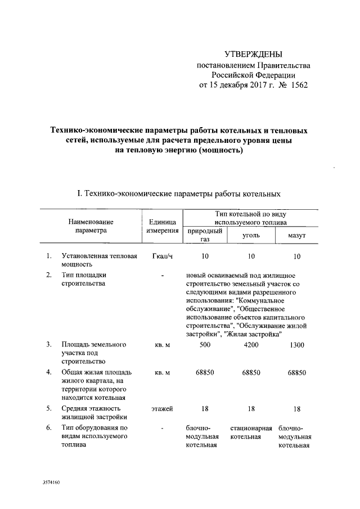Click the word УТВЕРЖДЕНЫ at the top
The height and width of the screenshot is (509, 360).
[253, 55]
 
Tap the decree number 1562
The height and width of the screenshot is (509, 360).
[297, 85]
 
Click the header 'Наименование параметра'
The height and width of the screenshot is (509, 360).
[91, 226]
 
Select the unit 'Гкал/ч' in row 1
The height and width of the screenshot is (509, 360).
[162, 256]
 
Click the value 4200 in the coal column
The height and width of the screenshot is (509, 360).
[251, 345]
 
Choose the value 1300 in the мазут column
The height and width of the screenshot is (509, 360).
[296, 345]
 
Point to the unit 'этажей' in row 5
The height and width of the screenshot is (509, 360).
[162, 408]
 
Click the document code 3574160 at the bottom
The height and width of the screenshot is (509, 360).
[51, 483]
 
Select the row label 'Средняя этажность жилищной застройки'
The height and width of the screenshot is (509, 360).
[94, 412]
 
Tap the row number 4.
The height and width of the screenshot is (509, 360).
[49, 372]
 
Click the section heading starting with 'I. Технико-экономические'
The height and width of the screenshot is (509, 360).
[178, 193]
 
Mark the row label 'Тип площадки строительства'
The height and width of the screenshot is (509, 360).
[84, 279]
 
